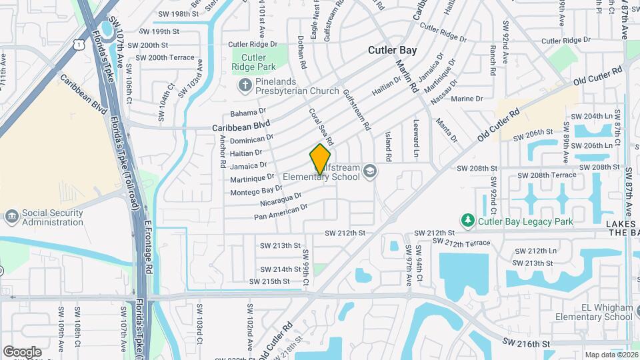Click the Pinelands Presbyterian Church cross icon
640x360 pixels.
[245, 85]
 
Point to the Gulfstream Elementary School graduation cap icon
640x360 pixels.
[369, 172]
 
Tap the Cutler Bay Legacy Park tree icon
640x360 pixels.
[468, 220]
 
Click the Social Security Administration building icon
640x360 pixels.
[11, 217]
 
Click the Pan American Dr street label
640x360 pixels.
[281, 211]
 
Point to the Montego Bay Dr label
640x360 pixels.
[256, 191]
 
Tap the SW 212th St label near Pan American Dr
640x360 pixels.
[345, 233]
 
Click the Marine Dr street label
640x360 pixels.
[467, 99]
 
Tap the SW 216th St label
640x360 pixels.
[527, 343]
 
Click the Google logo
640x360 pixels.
[22, 351]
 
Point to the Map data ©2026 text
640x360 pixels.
[611, 355]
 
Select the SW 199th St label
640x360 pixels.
[159, 31]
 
